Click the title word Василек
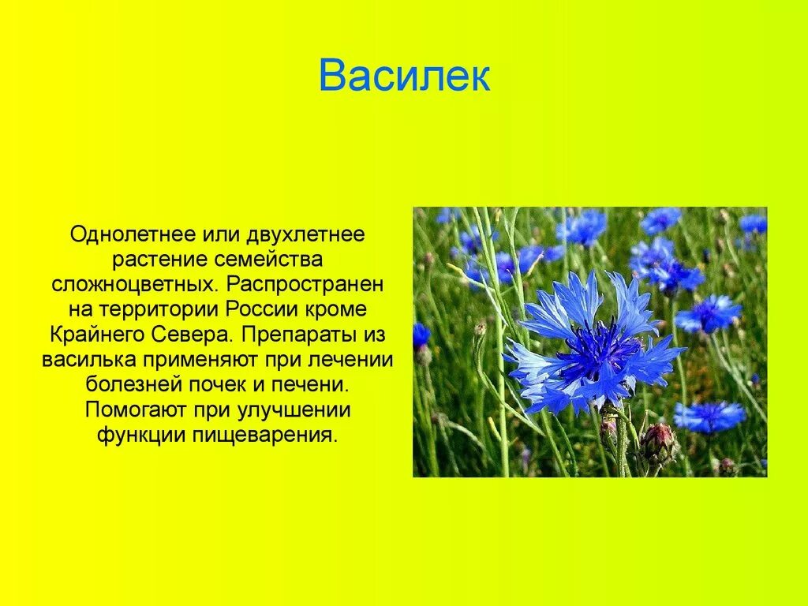(404, 77)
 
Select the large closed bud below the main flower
(657, 443)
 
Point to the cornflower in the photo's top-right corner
(752, 223)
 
